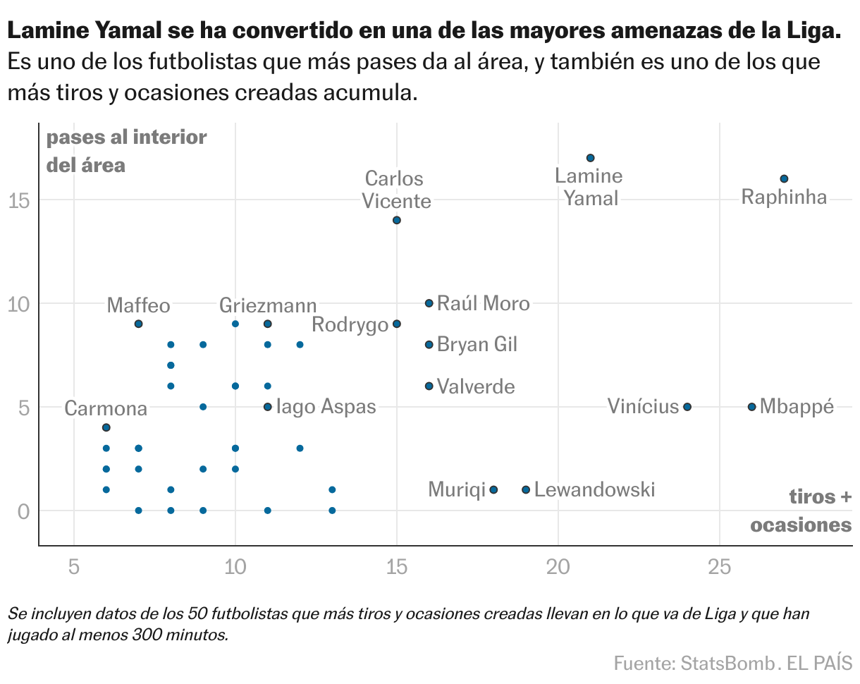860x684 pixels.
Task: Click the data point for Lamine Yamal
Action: [590, 158]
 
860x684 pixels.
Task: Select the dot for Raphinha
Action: [784, 178]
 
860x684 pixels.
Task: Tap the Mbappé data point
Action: [751, 407]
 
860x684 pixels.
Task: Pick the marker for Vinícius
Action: [687, 407]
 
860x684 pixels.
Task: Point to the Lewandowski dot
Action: [526, 489]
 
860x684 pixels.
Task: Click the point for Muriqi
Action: [493, 489]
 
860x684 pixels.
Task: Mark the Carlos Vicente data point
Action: [397, 220]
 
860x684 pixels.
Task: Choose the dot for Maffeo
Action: [138, 324]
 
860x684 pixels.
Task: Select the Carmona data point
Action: [106, 427]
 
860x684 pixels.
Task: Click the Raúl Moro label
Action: [483, 303]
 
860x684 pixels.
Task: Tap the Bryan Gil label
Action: [477, 345]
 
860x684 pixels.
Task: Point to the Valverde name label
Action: [476, 386]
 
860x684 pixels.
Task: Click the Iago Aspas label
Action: [326, 407]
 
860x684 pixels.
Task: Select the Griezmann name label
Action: [268, 306]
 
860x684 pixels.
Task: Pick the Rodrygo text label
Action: [350, 325]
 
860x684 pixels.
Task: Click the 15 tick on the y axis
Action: [20, 200]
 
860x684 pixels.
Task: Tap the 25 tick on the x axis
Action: [719, 567]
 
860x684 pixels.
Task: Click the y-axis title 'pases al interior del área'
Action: [126, 151]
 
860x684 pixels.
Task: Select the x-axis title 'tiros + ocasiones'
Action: [801, 511]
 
